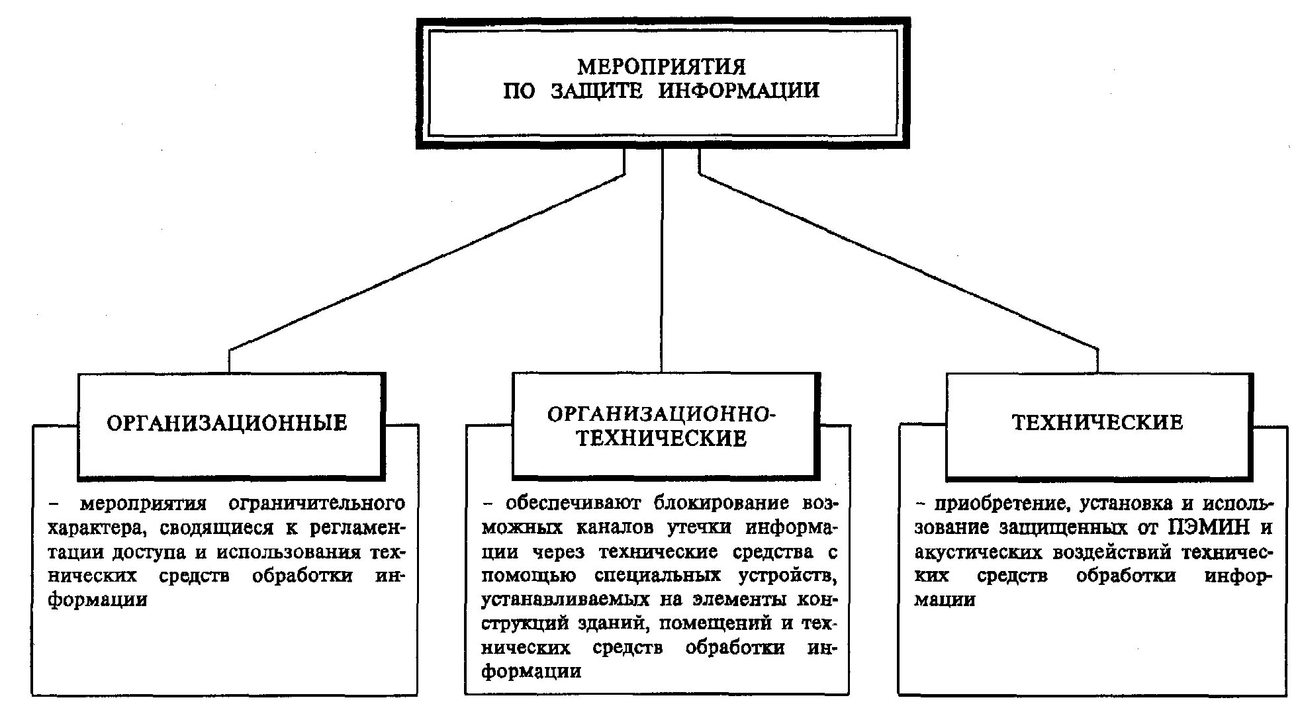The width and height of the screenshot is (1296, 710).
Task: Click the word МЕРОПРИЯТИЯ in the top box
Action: click(x=661, y=67)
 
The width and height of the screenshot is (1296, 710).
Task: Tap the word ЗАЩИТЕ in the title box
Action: click(x=596, y=91)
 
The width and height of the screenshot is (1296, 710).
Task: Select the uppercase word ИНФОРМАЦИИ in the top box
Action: click(x=739, y=91)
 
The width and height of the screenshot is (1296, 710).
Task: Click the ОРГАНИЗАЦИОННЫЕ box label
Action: click(x=227, y=423)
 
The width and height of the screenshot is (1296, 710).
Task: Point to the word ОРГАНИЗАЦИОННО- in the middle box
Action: click(x=661, y=414)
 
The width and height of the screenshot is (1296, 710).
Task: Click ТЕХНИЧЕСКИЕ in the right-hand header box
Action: click(x=1097, y=422)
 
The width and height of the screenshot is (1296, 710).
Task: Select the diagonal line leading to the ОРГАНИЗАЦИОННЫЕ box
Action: click(x=424, y=263)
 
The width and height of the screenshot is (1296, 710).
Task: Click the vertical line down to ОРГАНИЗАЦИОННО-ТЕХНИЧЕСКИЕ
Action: click(x=662, y=265)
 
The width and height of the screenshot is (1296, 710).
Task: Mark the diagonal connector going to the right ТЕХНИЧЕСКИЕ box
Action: click(x=900, y=263)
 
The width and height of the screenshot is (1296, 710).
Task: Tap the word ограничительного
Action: click(x=316, y=504)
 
